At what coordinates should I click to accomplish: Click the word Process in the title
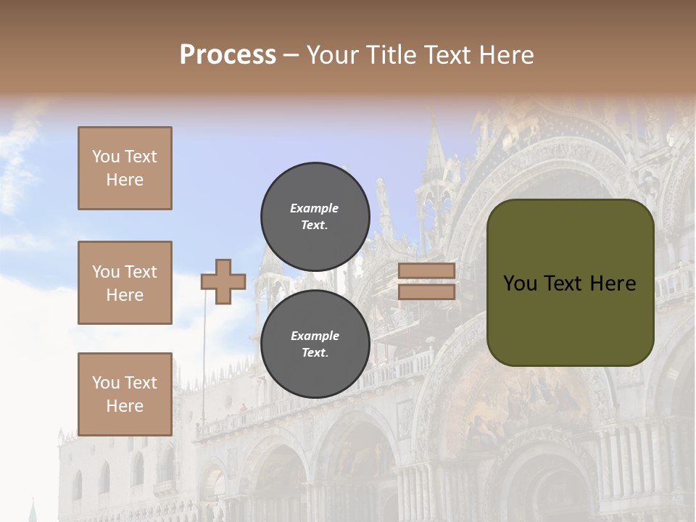(228, 55)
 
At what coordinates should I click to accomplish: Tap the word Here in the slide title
(505, 55)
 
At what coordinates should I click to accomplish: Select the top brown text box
(125, 168)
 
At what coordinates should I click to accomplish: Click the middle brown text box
(125, 283)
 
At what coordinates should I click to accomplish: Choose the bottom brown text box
(125, 394)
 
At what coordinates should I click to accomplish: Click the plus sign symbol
(223, 281)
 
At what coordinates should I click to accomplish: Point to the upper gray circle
(315, 216)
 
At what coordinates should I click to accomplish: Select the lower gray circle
(315, 344)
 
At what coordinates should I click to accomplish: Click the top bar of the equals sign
(426, 271)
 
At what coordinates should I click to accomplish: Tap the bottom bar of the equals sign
(426, 291)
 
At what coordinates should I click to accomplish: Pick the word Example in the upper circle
(315, 208)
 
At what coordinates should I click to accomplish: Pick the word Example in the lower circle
(315, 336)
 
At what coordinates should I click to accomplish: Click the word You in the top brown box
(105, 157)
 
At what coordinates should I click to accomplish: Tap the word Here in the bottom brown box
(125, 406)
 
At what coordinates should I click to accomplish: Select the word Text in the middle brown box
(141, 272)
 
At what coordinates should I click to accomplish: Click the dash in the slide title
(291, 55)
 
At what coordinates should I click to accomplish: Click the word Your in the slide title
(334, 55)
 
